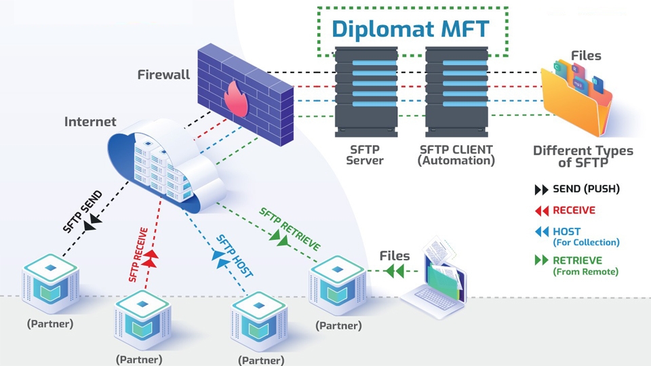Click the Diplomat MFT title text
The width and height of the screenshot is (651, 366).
[x=410, y=30]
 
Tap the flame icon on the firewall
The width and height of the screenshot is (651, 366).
[x=237, y=98]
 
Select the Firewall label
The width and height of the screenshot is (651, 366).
[x=163, y=75]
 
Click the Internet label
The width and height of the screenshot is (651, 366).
[x=90, y=122]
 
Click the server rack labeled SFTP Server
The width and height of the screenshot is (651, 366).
[x=366, y=91]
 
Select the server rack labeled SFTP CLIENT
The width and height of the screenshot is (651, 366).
[x=456, y=91]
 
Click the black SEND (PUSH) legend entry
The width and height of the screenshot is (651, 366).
[x=577, y=189]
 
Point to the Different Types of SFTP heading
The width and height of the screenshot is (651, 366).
[x=583, y=157]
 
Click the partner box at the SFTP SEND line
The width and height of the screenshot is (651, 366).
[x=50, y=281]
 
